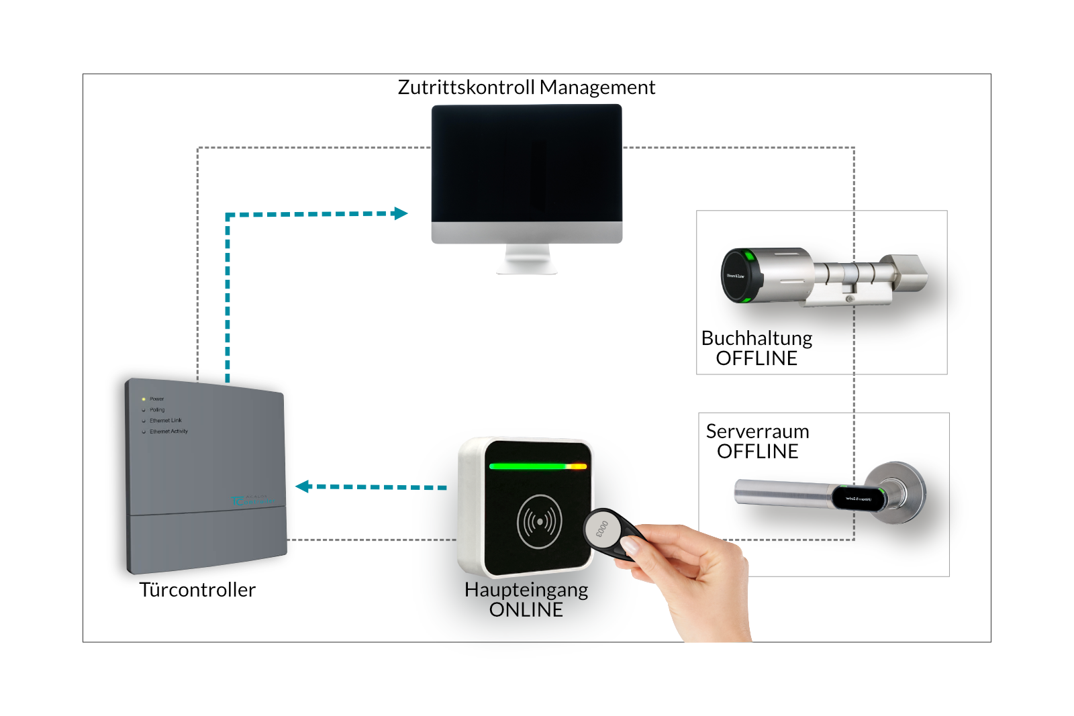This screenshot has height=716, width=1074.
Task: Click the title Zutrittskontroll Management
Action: pyautogui.click(x=526, y=87)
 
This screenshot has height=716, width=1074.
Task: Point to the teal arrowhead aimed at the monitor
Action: pyautogui.click(x=401, y=213)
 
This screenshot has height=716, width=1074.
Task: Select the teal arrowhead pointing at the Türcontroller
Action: pyautogui.click(x=303, y=487)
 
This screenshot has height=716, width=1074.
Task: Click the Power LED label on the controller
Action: pyautogui.click(x=156, y=399)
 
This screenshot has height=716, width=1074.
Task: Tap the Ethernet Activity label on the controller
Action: pyautogui.click(x=168, y=431)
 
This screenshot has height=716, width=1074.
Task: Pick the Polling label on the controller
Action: pyautogui.click(x=157, y=409)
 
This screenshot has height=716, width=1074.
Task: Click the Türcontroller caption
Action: pyautogui.click(x=197, y=590)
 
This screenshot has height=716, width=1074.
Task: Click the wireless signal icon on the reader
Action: pyautogui.click(x=540, y=521)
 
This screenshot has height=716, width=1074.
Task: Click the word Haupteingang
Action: pyautogui.click(x=526, y=590)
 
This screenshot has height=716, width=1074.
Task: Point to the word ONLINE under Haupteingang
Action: pyautogui.click(x=526, y=610)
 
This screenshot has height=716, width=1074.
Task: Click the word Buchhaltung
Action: pyautogui.click(x=756, y=338)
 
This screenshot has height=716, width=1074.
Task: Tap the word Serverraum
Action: pyautogui.click(x=757, y=431)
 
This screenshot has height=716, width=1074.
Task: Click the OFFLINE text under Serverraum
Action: pyautogui.click(x=757, y=452)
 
